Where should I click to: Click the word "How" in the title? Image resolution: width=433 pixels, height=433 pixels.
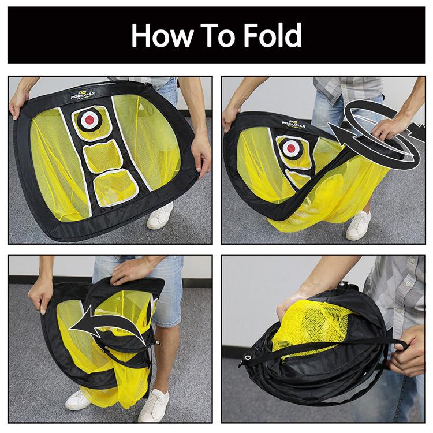tap(162, 35)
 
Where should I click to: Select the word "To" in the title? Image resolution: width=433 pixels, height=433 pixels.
tap(218, 35)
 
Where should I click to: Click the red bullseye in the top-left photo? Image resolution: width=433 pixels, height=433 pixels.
tap(89, 120)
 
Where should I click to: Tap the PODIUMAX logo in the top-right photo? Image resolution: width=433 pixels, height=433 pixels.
tap(293, 124)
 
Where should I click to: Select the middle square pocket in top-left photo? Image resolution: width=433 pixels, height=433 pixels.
tap(103, 156)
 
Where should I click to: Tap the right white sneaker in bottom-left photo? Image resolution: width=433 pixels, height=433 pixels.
tap(154, 405)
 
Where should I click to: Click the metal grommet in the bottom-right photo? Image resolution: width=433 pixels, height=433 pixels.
tap(248, 358)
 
